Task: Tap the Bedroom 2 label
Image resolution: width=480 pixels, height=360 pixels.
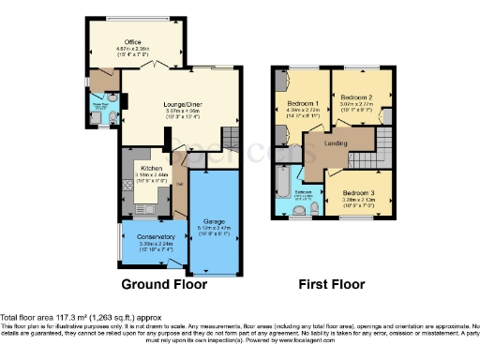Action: coord(357,97)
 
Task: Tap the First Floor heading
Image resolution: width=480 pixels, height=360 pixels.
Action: coord(331,284)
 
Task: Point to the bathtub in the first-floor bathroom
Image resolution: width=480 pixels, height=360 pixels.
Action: coord(282,177)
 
